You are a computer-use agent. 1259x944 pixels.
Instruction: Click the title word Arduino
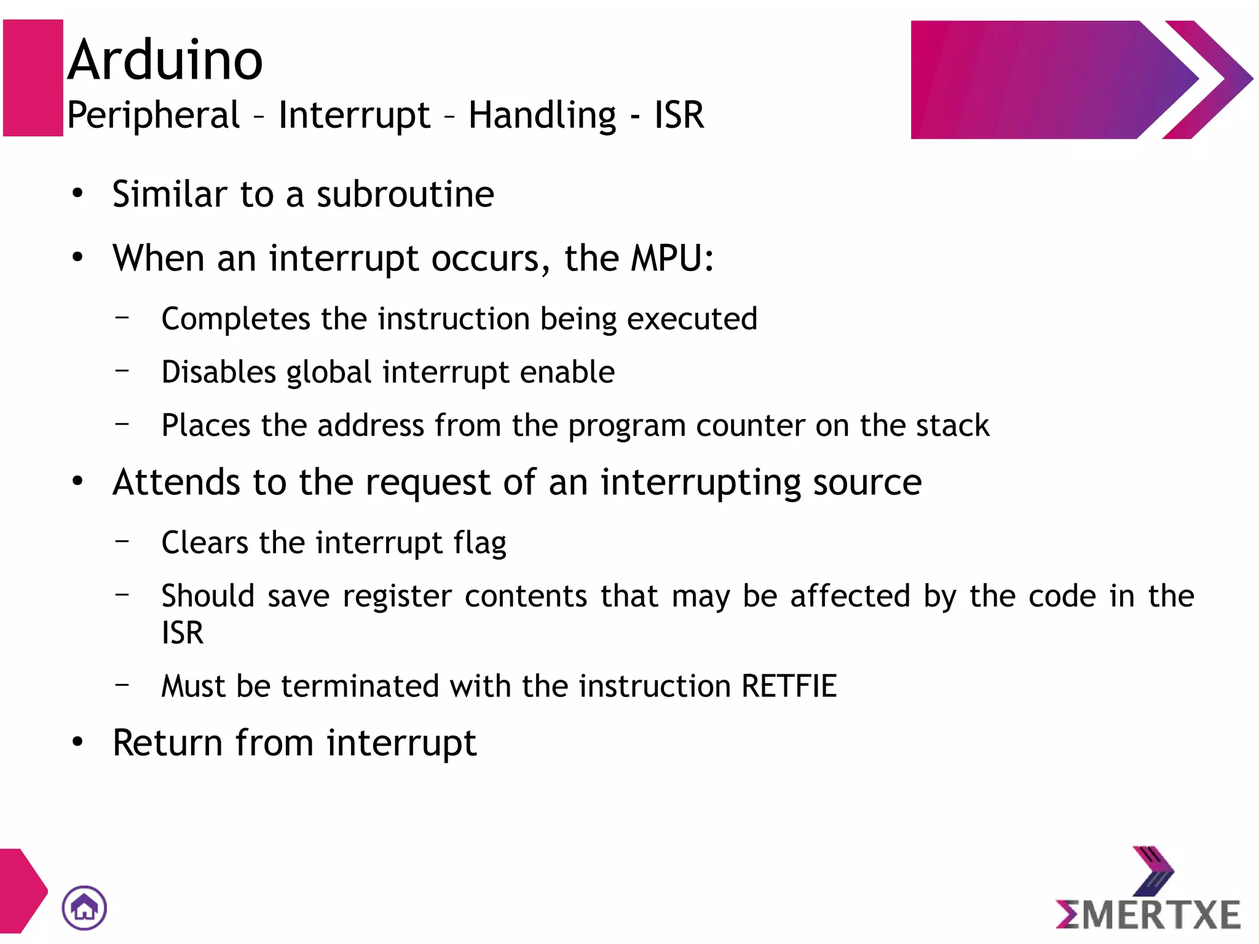tap(165, 60)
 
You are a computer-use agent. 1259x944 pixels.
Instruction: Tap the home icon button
tap(84, 907)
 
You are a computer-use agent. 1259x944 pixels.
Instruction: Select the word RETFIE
tap(789, 686)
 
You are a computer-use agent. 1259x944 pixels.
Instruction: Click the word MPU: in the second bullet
tap(673, 258)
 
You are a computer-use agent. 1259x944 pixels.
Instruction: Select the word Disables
tap(218, 372)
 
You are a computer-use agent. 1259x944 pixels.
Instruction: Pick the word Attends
tap(178, 482)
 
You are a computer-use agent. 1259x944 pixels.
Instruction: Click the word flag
tap(480, 543)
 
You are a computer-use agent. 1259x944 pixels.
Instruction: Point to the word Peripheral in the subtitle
tap(153, 115)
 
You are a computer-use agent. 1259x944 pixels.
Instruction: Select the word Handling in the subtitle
tap(542, 116)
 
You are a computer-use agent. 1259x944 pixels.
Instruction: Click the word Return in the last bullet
tap(167, 743)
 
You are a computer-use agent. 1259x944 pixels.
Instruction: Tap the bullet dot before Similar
tap(77, 194)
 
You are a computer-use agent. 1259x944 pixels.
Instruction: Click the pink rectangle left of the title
tap(33, 78)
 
